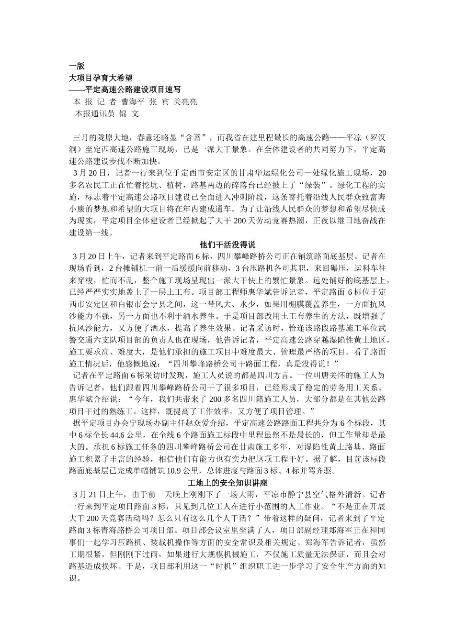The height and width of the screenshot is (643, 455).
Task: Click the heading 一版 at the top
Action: point(77,67)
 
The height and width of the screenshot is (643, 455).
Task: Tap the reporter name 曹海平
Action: point(133,102)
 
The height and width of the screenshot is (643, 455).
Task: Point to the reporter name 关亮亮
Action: point(185,102)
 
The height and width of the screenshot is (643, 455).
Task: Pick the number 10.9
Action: point(176,471)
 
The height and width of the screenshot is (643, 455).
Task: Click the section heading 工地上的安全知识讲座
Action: point(227,482)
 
